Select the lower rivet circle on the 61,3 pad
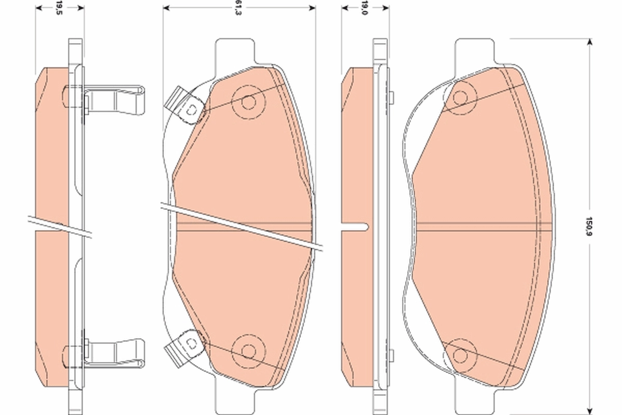(x=248, y=351)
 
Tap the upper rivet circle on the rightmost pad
(x=460, y=96)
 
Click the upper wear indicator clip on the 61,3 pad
(x=184, y=106)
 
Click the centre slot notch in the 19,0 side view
(x=358, y=226)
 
